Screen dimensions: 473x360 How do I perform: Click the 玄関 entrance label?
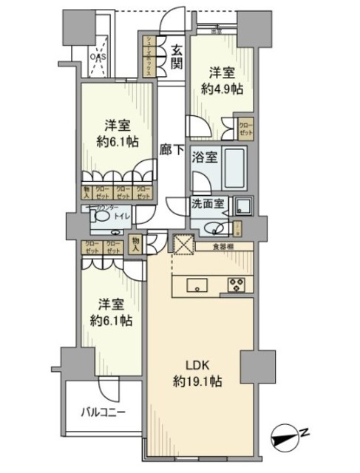[x=177, y=57]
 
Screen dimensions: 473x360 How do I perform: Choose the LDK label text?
[x=194, y=364]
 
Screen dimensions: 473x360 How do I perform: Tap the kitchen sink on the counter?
[x=197, y=285]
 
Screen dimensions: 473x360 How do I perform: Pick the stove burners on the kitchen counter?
[x=237, y=285]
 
